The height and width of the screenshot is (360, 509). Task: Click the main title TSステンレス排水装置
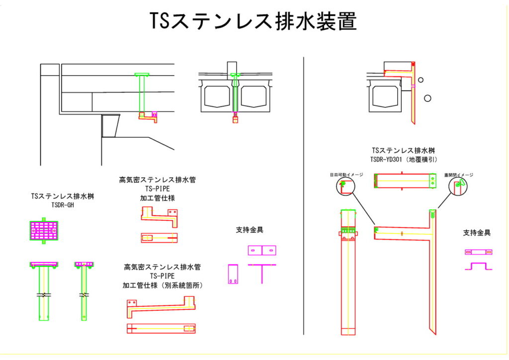pyautogui.click(x=254, y=21)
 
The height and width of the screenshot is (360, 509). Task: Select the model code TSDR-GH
pyautogui.click(x=63, y=205)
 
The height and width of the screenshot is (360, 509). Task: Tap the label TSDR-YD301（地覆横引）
pyautogui.click(x=404, y=160)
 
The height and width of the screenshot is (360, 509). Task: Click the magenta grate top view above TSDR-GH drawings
pyautogui.click(x=44, y=230)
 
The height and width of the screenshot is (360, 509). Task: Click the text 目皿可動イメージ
pyautogui.click(x=346, y=175)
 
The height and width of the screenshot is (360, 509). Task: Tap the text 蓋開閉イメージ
pyautogui.click(x=458, y=175)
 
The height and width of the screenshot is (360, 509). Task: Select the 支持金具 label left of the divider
pyautogui.click(x=250, y=230)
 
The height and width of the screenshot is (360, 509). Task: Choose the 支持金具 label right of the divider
pyautogui.click(x=477, y=233)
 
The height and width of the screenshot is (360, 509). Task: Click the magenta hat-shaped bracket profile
pyautogui.click(x=478, y=266)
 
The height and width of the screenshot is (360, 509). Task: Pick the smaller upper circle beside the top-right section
pyautogui.click(x=421, y=80)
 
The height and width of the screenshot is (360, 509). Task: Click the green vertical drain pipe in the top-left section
pyautogui.click(x=142, y=94)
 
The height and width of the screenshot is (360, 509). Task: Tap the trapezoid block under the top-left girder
pyautogui.click(x=111, y=125)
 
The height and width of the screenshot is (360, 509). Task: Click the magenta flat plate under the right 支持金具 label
pyautogui.click(x=478, y=252)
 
